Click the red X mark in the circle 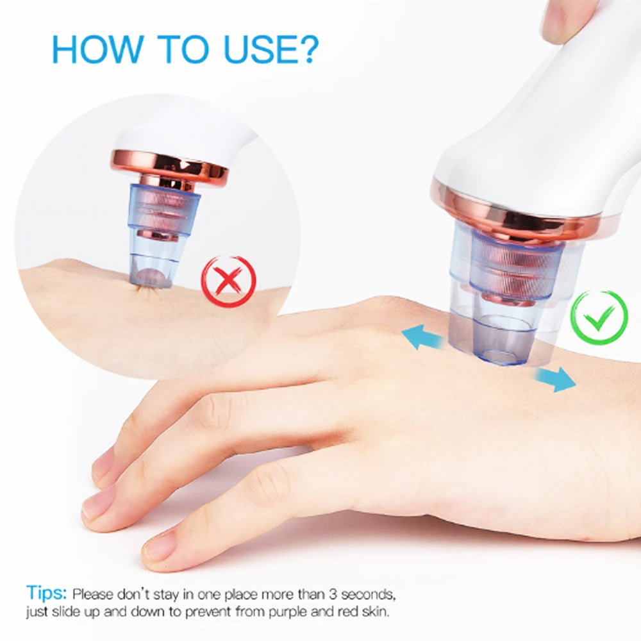(x=229, y=281)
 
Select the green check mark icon (x=599, y=317)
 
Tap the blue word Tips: (x=46, y=593)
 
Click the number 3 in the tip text (x=333, y=594)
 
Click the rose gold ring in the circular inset (x=169, y=165)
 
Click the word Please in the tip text (x=93, y=594)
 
